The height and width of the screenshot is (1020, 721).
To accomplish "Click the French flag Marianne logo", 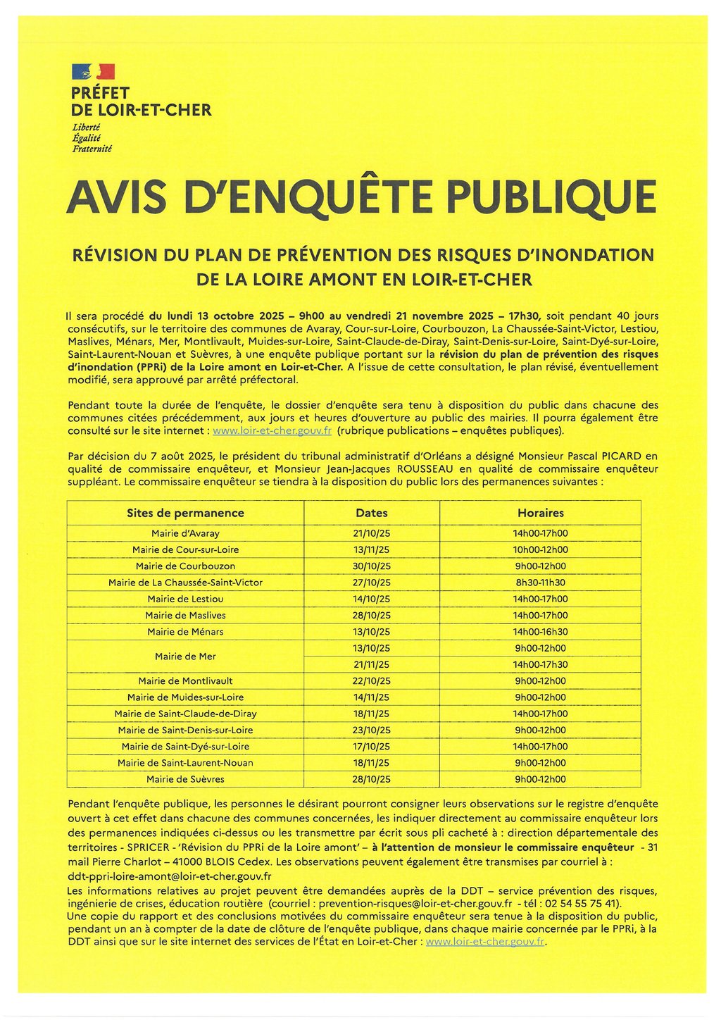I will [93, 71].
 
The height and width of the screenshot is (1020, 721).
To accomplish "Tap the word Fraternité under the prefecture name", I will [92, 149].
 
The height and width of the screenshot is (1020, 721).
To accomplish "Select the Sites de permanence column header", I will [185, 513].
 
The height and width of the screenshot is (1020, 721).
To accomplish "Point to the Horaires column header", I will [540, 513].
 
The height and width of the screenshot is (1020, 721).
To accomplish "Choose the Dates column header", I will [372, 513].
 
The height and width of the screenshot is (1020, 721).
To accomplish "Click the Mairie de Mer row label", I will [185, 657].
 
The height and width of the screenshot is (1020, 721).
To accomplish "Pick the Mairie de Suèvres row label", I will [185, 779].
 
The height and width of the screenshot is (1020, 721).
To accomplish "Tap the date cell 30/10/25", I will [372, 566].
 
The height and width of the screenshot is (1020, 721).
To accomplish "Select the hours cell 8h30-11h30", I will [540, 583].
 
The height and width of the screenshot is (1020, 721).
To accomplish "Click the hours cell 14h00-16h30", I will [540, 632].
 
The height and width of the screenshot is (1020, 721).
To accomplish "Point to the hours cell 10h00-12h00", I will [540, 549].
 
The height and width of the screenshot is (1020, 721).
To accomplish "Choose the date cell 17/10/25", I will [372, 747].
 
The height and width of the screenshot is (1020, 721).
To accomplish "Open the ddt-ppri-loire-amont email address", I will [170, 876].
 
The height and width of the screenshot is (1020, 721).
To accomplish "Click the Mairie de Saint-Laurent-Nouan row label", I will [185, 763].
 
